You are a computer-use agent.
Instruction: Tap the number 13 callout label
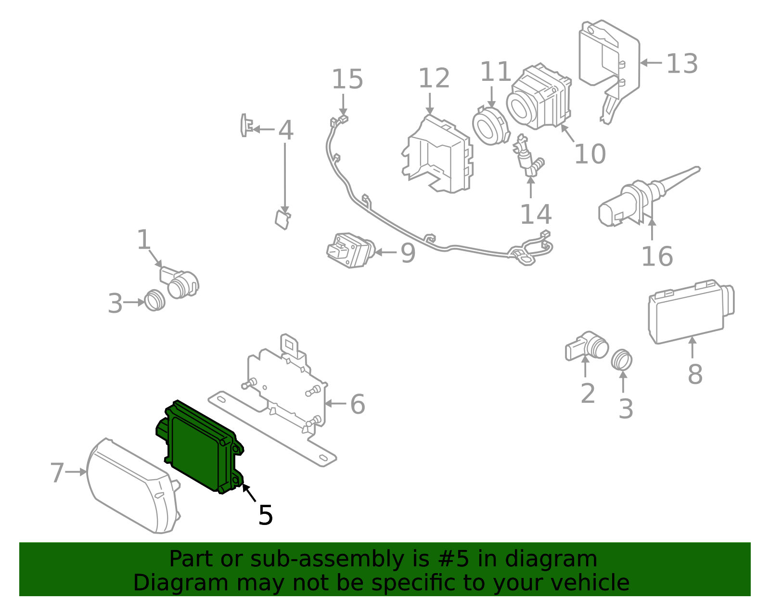point(682,64)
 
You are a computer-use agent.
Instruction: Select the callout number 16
point(657,256)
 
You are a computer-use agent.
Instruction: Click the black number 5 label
point(266,515)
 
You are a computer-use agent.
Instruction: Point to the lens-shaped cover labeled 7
point(130,486)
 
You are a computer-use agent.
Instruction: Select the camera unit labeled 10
point(539,99)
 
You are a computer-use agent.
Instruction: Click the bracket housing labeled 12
point(438,156)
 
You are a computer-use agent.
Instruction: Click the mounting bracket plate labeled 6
point(284,390)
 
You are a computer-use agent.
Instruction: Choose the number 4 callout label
point(286,130)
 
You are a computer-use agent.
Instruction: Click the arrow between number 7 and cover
point(76,473)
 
